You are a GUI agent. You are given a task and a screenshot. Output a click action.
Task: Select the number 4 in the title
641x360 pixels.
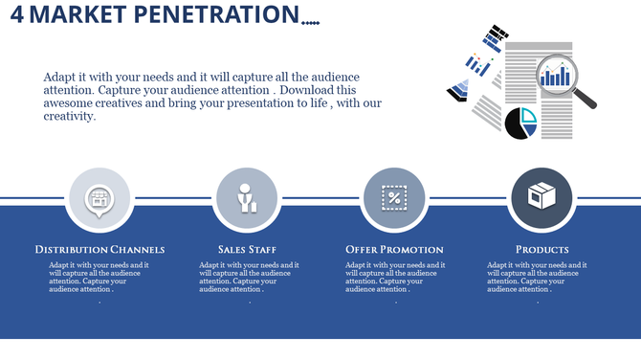click(x=17, y=15)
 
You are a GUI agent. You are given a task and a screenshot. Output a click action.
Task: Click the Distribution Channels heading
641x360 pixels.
click(x=99, y=250)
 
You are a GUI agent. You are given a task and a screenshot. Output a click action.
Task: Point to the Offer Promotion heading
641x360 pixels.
click(x=394, y=250)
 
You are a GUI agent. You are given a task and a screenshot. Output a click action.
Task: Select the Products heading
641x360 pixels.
click(x=542, y=250)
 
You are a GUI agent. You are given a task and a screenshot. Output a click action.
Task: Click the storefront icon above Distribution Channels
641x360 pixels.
click(x=99, y=198)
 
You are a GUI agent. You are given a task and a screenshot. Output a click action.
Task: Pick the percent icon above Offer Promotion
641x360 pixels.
click(x=394, y=198)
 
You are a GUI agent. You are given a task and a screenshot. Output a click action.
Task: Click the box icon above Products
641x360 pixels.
click(x=542, y=198)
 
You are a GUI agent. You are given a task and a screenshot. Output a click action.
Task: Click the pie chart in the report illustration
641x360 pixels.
click(x=520, y=124)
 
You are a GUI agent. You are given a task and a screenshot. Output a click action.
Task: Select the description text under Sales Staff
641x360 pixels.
click(x=249, y=277)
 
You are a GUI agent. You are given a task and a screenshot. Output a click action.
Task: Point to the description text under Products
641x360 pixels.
click(x=537, y=277)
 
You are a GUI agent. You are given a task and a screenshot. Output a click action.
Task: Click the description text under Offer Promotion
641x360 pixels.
click(x=395, y=277)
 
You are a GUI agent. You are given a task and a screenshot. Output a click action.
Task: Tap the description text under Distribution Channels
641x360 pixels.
click(x=99, y=277)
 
